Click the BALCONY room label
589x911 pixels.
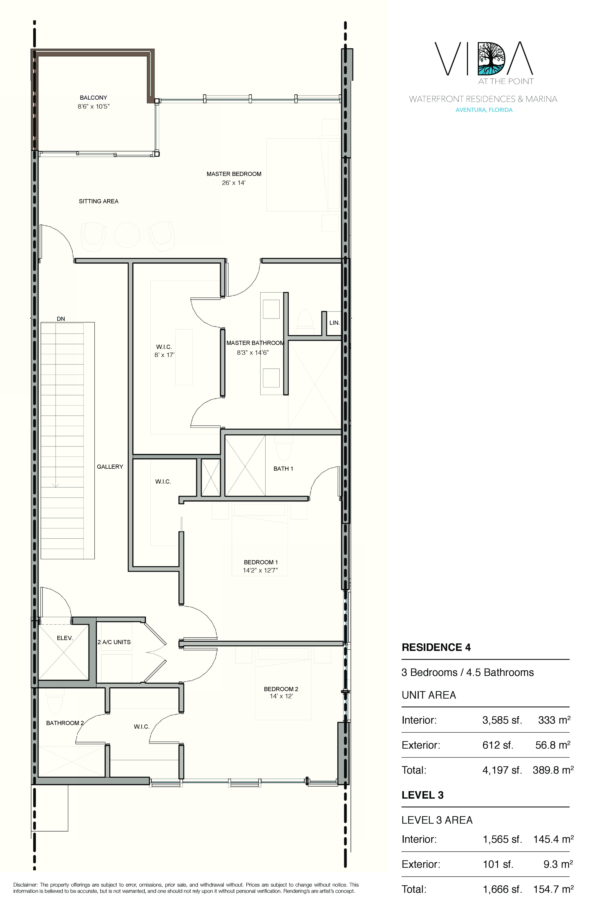coord(93,98)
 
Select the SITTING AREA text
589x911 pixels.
coord(99,201)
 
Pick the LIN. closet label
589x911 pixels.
coord(334,323)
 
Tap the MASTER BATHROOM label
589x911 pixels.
coord(255,343)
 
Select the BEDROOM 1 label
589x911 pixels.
coord(261,562)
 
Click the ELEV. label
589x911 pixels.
coord(65,638)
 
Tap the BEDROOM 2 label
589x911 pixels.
coord(281,689)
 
